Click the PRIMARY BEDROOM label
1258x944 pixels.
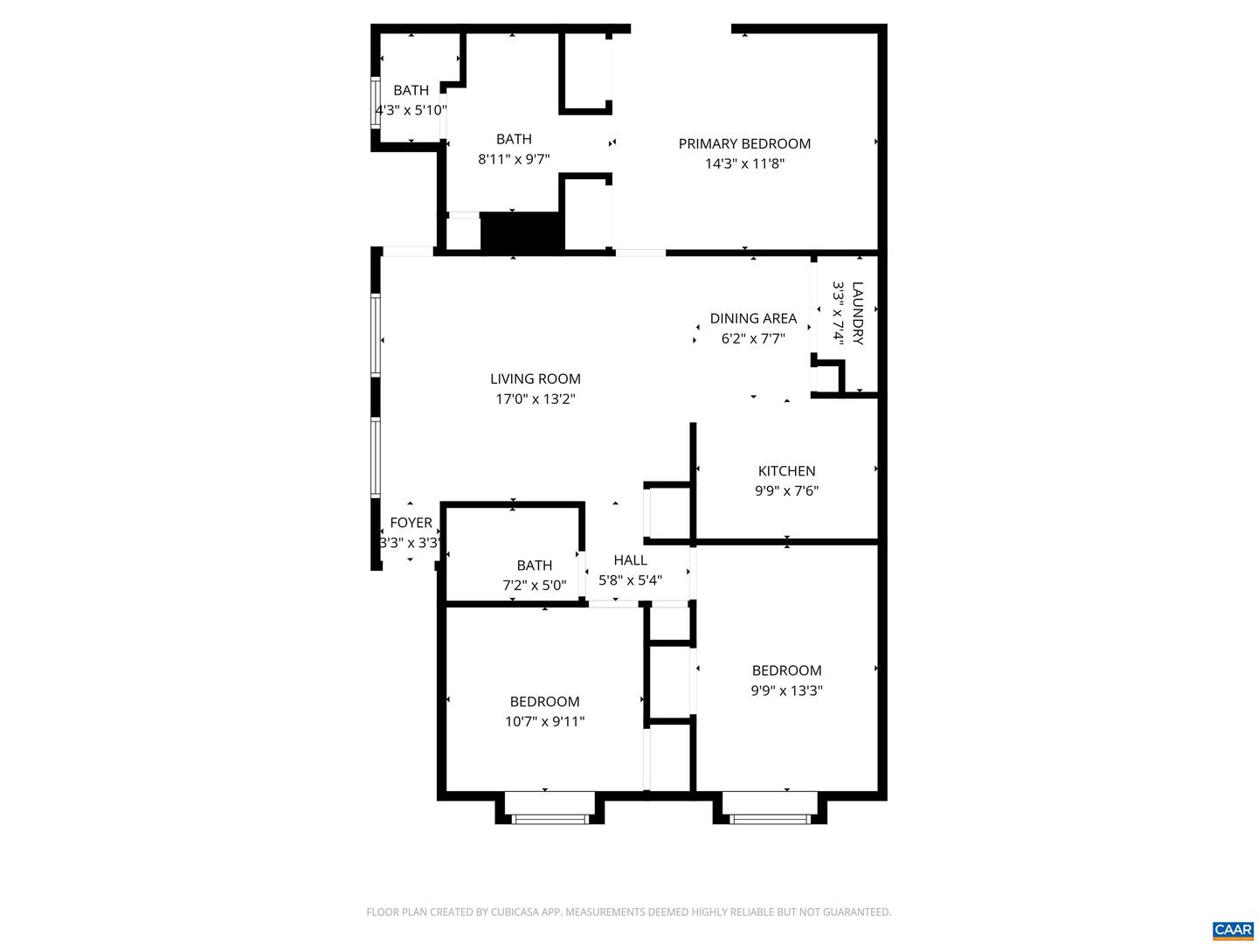pyautogui.click(x=744, y=143)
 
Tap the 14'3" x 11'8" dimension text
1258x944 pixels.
pyautogui.click(x=744, y=163)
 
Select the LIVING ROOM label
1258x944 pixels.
pyautogui.click(x=535, y=378)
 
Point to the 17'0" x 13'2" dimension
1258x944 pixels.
pyautogui.click(x=535, y=399)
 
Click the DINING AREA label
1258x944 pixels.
pyautogui.click(x=752, y=318)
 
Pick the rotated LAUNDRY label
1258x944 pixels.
pyautogui.click(x=857, y=313)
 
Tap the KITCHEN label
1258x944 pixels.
pyautogui.click(x=786, y=471)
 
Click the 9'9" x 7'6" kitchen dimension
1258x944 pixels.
pyautogui.click(x=786, y=491)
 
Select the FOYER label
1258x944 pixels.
pyautogui.click(x=411, y=523)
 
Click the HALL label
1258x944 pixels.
pyautogui.click(x=630, y=560)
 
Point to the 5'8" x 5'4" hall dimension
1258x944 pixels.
pyautogui.click(x=630, y=580)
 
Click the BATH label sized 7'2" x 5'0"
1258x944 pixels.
pyautogui.click(x=534, y=566)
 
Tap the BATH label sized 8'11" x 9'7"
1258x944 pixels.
pyautogui.click(x=514, y=139)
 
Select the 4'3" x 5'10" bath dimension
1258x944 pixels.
pyautogui.click(x=411, y=110)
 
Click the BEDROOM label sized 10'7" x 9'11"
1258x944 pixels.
pyautogui.click(x=544, y=701)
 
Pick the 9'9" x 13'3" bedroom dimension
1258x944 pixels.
pyautogui.click(x=786, y=691)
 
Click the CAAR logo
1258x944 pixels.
pyautogui.click(x=1232, y=929)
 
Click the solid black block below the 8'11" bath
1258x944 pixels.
pyautogui.click(x=522, y=233)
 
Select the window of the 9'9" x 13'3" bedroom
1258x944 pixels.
pyautogui.click(x=769, y=818)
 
